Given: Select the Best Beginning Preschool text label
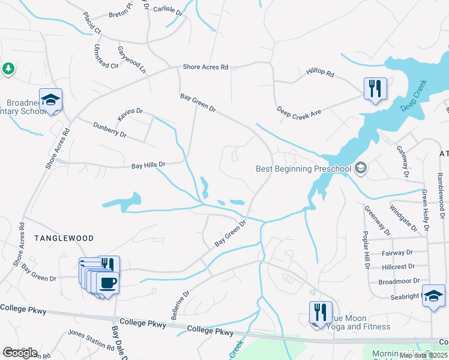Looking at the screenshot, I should [303, 169].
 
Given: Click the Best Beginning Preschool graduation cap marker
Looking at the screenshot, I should [360, 167].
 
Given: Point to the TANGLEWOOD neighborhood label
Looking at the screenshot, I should [64, 238].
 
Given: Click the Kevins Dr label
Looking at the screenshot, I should [130, 113].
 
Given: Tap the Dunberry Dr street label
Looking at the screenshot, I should [109, 130].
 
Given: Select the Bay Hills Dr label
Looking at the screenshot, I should [148, 164].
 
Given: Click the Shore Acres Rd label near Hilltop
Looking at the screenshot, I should [206, 67].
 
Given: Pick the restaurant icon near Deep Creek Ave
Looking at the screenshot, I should [375, 89].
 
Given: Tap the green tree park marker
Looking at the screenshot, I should [8, 69].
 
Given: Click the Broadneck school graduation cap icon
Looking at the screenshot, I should [50, 100].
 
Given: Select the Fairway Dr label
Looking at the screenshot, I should [397, 253].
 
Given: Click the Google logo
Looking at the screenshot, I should [20, 353].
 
